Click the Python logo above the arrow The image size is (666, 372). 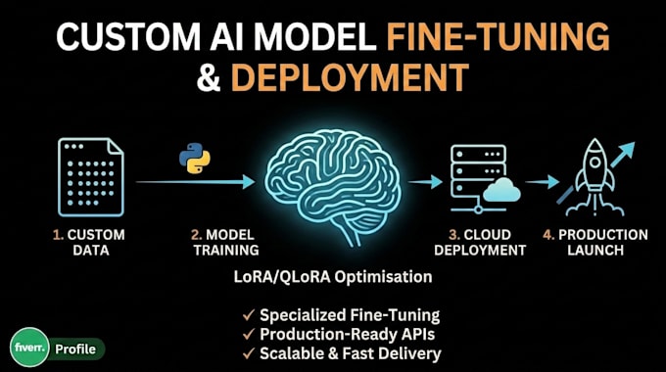point(195,158)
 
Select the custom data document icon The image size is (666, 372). point(91,177)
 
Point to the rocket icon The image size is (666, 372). point(595,177)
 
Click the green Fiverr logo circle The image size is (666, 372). point(29,347)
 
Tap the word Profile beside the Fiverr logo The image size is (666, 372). point(75,349)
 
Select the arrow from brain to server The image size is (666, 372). point(425,182)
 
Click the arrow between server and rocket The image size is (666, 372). point(543,182)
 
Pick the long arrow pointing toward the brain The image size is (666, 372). point(195,182)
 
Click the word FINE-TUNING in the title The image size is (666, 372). point(498,37)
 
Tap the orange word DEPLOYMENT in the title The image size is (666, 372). point(350,77)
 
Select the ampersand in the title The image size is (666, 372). point(209,77)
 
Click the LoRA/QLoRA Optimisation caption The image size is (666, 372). point(333,277)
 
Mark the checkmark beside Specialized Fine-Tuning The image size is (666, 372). point(249,315)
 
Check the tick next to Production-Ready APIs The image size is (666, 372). point(249,334)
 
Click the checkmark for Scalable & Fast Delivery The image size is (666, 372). point(249,353)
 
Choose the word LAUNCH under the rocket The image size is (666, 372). point(595,251)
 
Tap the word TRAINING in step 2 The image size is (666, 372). point(226,251)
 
